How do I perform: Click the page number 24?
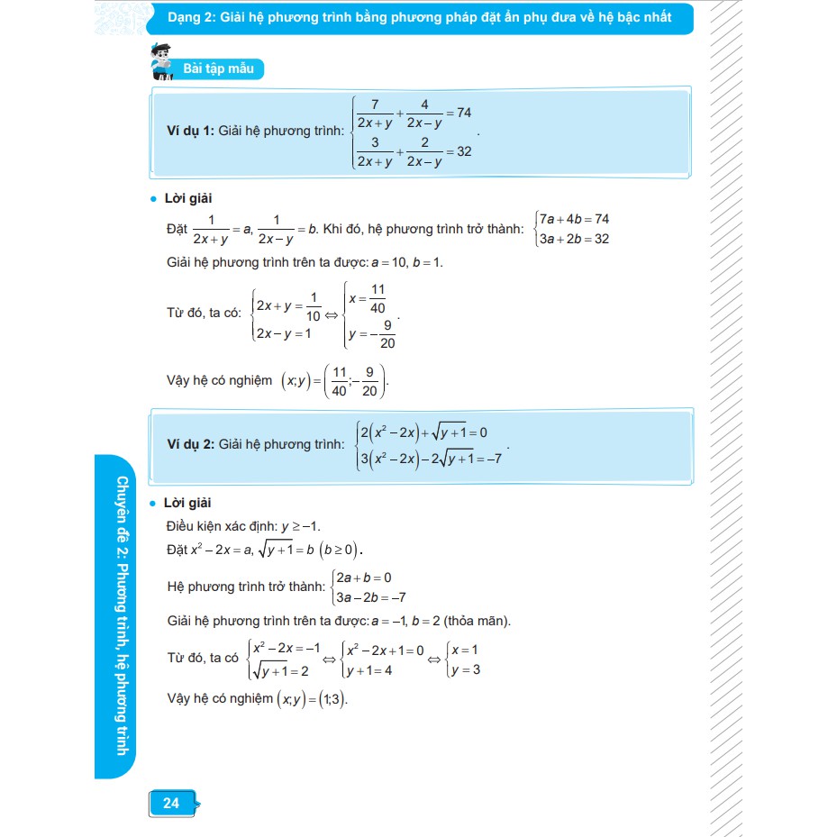tap(171, 803)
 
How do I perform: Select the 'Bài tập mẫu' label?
tap(218, 69)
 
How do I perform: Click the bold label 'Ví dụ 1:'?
tap(184, 132)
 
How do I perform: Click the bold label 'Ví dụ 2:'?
tap(184, 444)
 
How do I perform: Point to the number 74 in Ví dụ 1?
tap(465, 113)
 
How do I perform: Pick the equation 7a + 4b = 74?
tap(575, 219)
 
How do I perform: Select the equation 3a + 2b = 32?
tap(575, 239)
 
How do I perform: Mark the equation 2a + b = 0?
tap(364, 577)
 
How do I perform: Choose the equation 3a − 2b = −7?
tap(370, 596)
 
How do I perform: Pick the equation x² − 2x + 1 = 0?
tap(386, 649)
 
